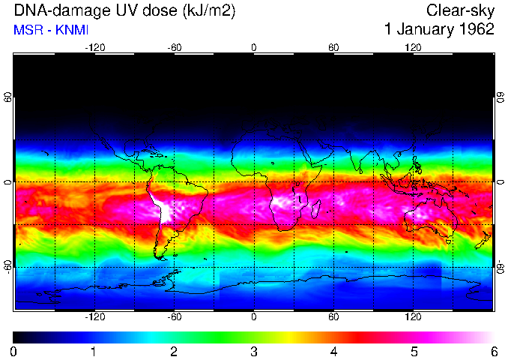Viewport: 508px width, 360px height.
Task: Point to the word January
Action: (x=423, y=30)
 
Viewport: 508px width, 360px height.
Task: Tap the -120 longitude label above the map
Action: (x=94, y=47)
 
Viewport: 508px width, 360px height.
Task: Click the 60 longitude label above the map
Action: (x=333, y=47)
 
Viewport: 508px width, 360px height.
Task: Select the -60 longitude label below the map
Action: (x=174, y=317)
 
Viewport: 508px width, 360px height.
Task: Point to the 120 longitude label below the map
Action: (x=413, y=317)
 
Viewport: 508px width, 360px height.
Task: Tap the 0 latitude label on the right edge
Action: (x=500, y=182)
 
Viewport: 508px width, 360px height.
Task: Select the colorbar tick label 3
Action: (x=254, y=352)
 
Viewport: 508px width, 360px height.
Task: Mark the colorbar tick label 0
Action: (x=14, y=352)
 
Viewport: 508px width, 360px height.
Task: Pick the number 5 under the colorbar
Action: (x=414, y=352)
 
